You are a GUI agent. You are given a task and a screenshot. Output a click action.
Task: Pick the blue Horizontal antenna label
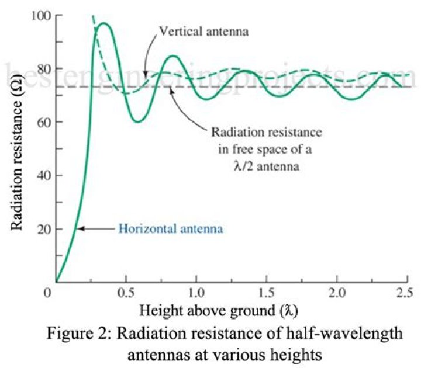click(170, 228)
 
